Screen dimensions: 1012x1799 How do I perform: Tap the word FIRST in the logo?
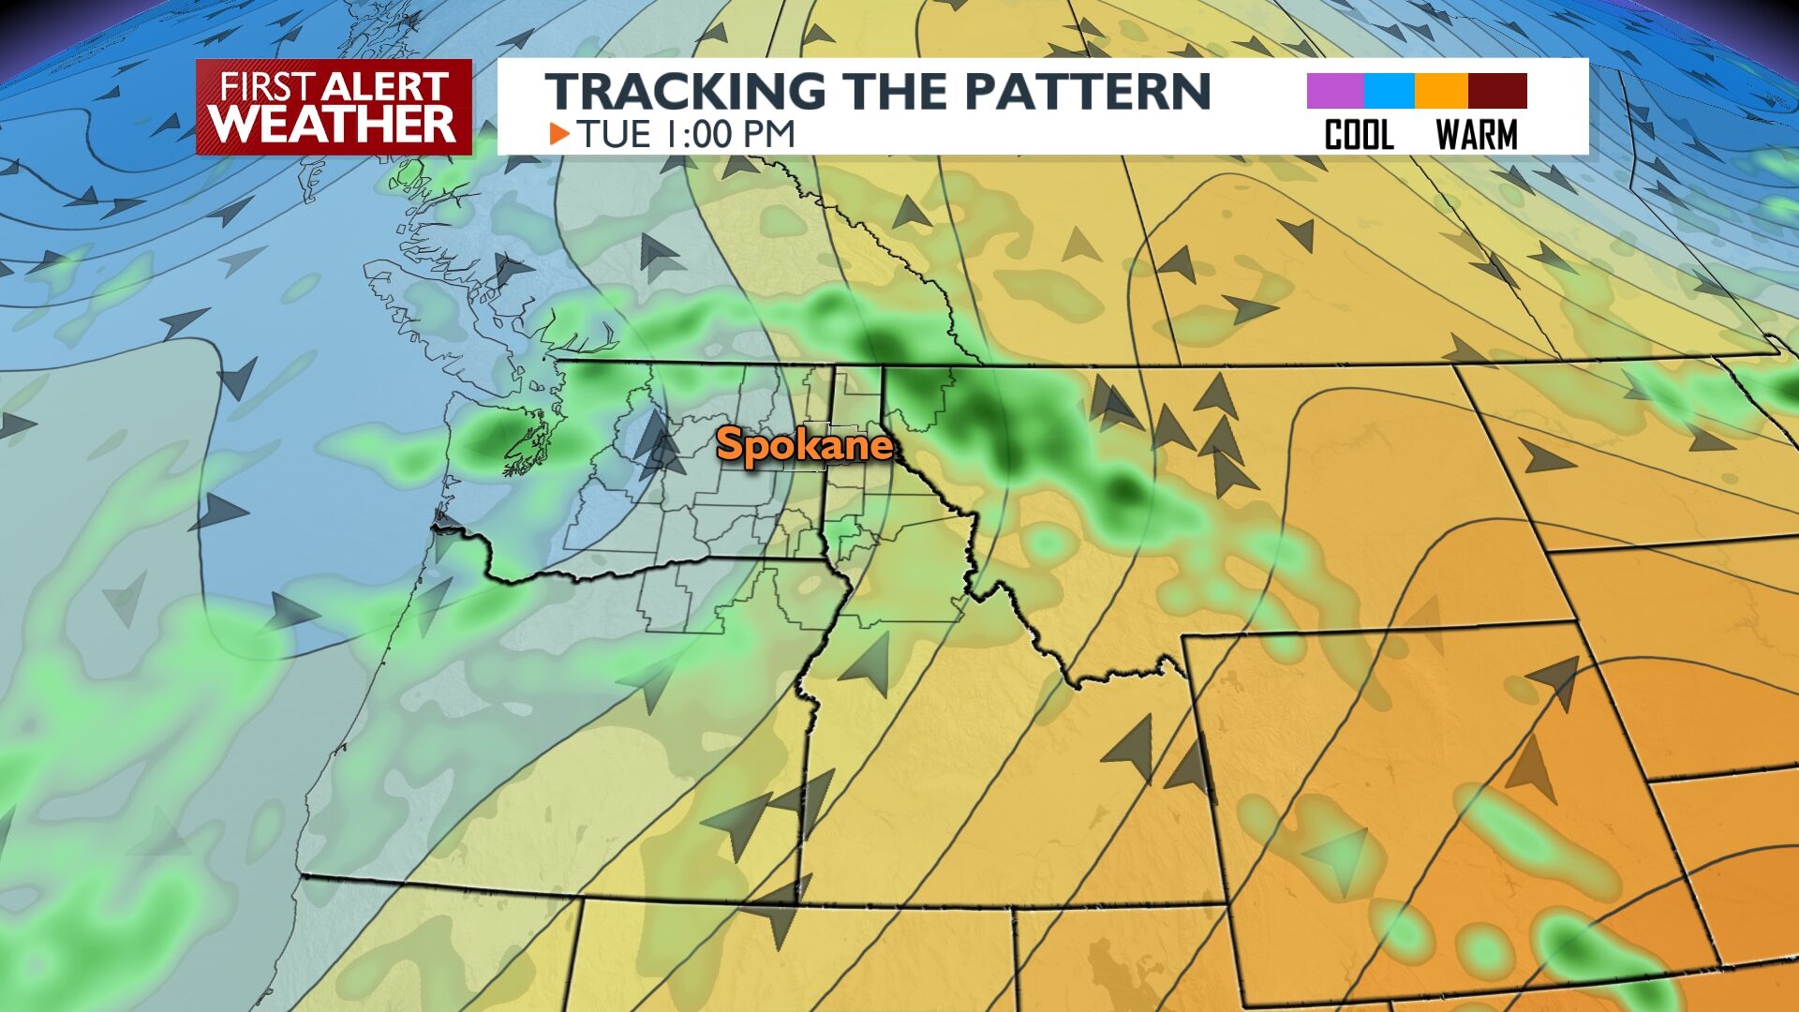pos(267,87)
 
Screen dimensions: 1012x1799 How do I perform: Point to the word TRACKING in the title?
pos(685,91)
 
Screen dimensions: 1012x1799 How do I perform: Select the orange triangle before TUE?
pos(559,134)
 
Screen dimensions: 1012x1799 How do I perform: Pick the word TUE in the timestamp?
pos(614,134)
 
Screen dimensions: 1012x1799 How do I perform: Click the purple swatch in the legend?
pos(1334,92)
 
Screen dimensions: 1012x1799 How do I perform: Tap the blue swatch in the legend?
pos(1389,92)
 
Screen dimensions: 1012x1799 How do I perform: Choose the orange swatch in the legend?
pos(1441,92)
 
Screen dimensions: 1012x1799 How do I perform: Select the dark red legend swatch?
pos(1497,92)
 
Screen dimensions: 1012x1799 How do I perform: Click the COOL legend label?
pos(1359,136)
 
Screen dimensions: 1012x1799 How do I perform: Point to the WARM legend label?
pos(1477,136)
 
